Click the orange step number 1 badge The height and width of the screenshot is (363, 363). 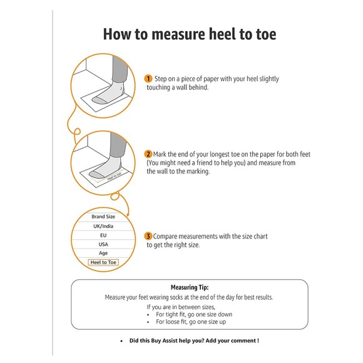click(148, 79)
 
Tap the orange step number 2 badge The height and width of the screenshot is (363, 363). click(148, 154)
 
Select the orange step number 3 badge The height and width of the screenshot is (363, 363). click(148, 237)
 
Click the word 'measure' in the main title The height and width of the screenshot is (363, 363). click(178, 34)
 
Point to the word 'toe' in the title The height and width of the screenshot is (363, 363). click(266, 34)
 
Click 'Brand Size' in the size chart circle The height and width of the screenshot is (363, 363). click(103, 217)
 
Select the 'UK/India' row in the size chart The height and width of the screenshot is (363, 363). click(103, 226)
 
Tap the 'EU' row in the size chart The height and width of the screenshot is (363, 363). click(103, 235)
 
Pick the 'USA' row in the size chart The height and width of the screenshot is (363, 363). click(103, 245)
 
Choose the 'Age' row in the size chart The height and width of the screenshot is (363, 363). click(103, 253)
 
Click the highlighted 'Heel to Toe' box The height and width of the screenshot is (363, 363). click(103, 262)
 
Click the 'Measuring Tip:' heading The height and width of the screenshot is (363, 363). click(190, 287)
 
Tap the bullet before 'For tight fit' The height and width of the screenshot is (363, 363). click(148, 315)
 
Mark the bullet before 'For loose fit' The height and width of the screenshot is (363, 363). click(148, 322)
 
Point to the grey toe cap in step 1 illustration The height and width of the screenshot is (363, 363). click(100, 101)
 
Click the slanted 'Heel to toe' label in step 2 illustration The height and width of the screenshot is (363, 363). click(114, 176)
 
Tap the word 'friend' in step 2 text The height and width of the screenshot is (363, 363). click(205, 163)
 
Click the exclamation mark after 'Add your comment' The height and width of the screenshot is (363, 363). click(258, 340)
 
